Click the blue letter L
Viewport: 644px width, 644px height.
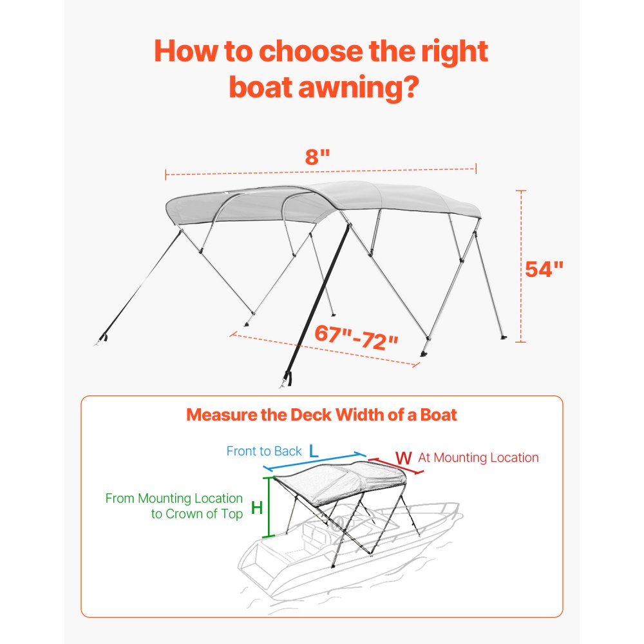tap(314, 451)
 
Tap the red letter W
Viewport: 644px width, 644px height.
tap(404, 458)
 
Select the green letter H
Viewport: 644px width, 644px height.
tap(256, 507)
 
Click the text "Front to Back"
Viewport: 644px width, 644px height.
tap(264, 451)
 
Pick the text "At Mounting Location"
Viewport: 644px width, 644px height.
tap(478, 458)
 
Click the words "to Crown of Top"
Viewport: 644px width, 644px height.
tap(197, 514)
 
